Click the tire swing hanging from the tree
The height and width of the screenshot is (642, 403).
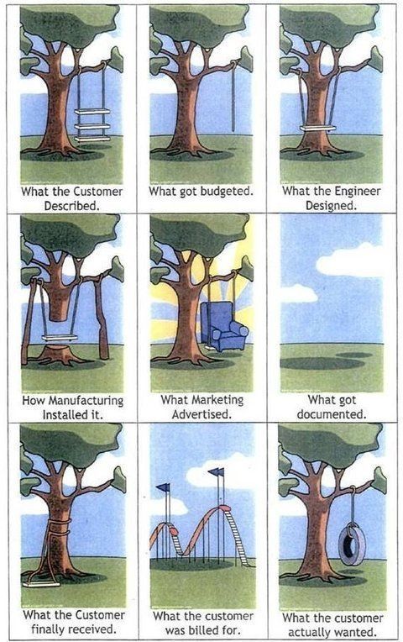pyautogui.click(x=352, y=545)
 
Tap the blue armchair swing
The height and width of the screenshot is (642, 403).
pyautogui.click(x=224, y=326)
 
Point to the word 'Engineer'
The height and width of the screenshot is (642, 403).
pyautogui.click(x=357, y=192)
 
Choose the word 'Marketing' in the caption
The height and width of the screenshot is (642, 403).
pyautogui.click(x=217, y=400)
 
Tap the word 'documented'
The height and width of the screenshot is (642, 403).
pyautogui.click(x=332, y=414)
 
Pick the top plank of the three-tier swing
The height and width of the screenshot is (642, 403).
pyautogui.click(x=92, y=112)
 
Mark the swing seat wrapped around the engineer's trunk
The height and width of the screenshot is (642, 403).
pyautogui.click(x=317, y=129)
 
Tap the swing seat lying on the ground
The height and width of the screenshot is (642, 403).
pyautogui.click(x=41, y=584)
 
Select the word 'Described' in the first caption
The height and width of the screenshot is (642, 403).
pyautogui.click(x=72, y=206)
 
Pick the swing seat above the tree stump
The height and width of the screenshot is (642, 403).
pyautogui.click(x=60, y=338)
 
